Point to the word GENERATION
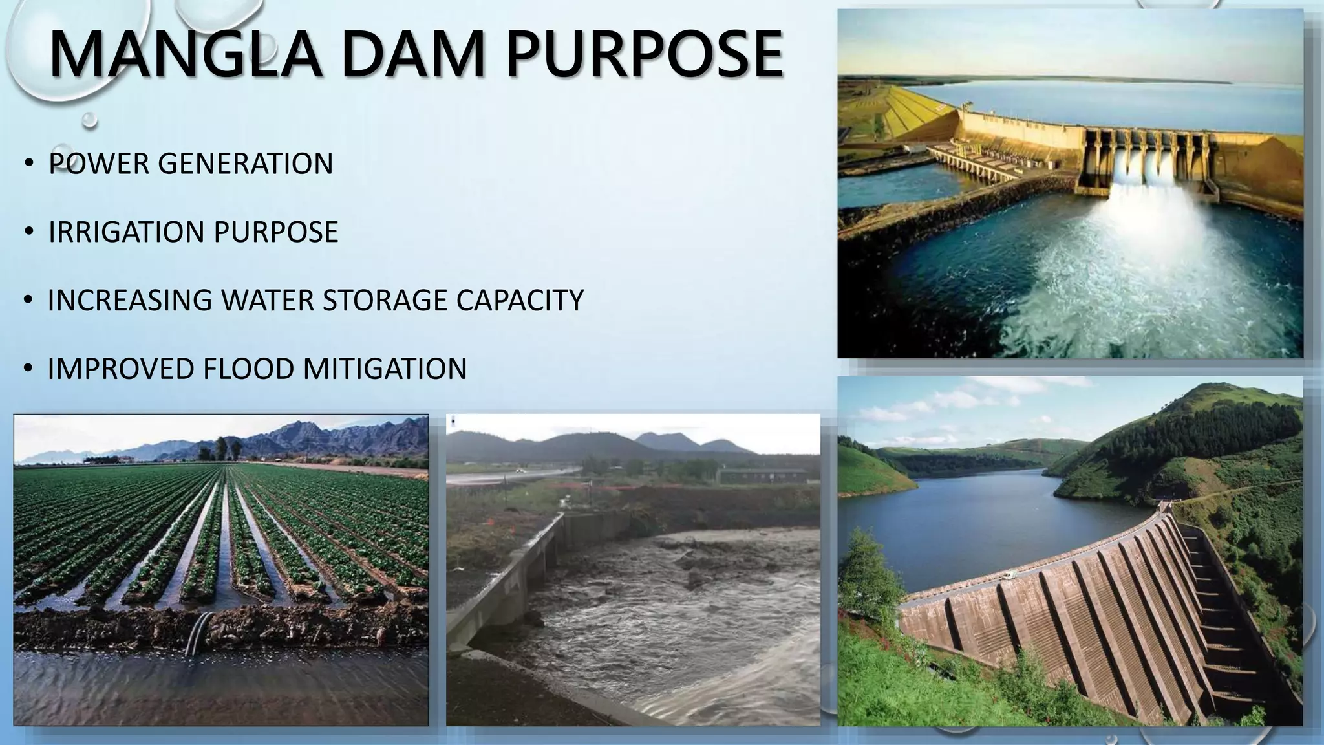pos(245,164)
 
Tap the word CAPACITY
pos(520,301)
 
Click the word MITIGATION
pos(385,369)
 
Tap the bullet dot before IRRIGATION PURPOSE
pos(28,232)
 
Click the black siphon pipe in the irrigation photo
pos(200,634)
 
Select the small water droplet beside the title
pos(90,120)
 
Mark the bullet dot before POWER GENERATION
pos(28,164)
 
